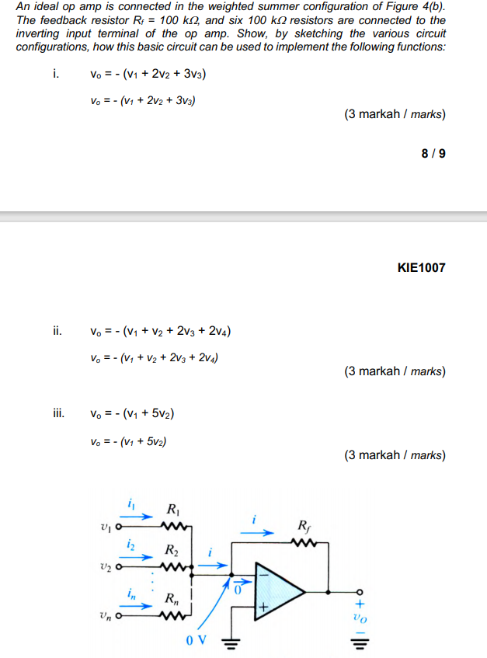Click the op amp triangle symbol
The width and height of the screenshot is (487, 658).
(284, 588)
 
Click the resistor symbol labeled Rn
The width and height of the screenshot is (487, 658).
(172, 618)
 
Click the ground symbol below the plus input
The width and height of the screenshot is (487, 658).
(231, 641)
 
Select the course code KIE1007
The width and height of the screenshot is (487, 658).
(421, 268)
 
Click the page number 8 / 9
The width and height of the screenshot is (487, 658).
(433, 153)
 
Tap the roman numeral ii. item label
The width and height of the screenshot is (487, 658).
(57, 332)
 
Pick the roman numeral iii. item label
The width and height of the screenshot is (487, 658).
(59, 414)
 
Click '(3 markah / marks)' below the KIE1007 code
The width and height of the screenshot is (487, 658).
(395, 371)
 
